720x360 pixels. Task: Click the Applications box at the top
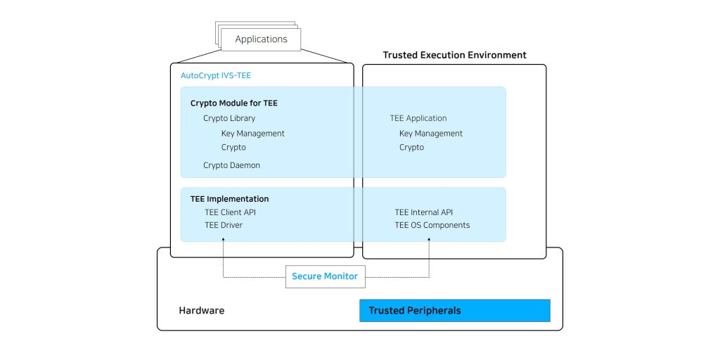261,39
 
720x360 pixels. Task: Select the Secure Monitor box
325,276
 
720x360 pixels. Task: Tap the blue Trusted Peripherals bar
455,310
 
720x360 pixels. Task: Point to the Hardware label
202,310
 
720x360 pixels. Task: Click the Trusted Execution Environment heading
455,55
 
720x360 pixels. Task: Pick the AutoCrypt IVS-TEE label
216,76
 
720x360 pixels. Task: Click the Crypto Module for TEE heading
233,103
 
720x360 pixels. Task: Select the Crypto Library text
229,118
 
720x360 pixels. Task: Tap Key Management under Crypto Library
253,134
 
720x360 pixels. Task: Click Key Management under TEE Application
431,134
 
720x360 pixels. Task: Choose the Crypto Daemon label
231,165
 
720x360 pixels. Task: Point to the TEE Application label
418,118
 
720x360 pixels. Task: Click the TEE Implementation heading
230,199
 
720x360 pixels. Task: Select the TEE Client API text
230,212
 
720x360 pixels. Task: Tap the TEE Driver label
224,226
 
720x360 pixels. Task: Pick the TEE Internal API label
424,212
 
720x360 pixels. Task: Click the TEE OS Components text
432,226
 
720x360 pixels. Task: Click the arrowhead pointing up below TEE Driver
223,239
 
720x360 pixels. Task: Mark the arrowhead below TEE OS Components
430,239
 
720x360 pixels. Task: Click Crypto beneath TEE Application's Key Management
411,148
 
